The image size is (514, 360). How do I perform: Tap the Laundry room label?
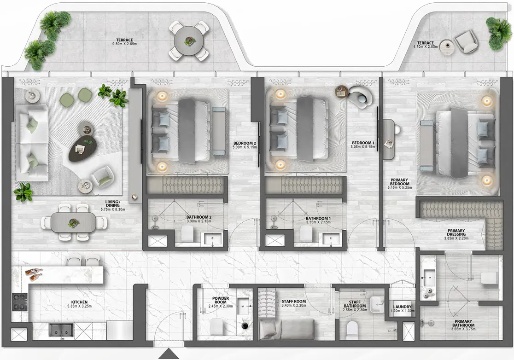click(402, 307)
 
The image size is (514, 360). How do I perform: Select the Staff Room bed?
click(287, 330)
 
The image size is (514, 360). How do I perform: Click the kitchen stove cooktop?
click(19, 302)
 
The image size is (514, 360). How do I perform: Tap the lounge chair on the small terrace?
click(466, 42)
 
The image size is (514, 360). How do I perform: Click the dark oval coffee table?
click(83, 149)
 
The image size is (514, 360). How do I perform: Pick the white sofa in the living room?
click(32, 143)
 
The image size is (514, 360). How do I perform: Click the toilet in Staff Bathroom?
click(352, 329)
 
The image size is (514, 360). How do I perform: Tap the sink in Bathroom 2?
click(212, 239)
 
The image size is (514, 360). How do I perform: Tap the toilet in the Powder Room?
click(217, 326)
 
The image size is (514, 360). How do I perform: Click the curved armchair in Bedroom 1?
click(360, 96)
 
